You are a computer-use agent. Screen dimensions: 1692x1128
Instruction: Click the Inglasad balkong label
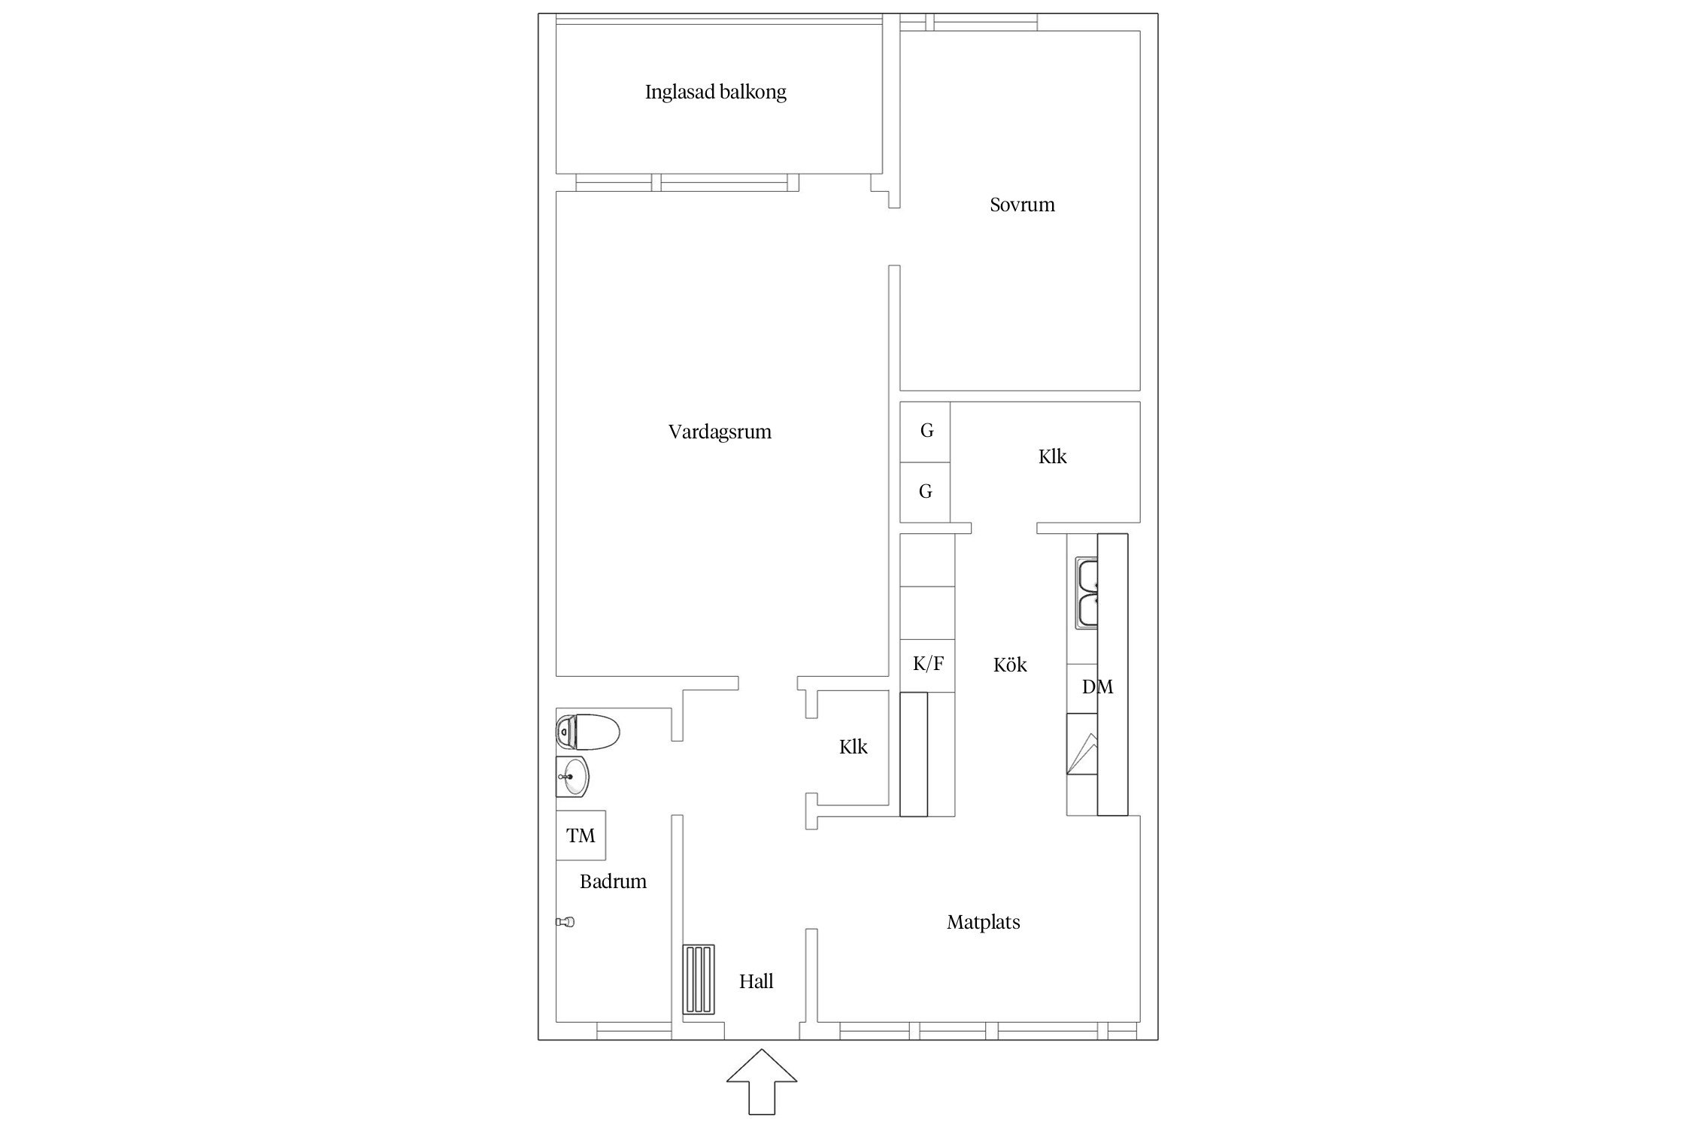tap(715, 92)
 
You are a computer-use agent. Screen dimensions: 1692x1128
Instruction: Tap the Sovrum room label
tap(1022, 205)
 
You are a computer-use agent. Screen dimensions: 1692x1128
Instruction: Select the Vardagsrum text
tap(720, 432)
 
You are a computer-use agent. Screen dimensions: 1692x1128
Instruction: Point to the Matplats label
tap(983, 922)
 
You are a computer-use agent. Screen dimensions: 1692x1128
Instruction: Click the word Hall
tap(756, 981)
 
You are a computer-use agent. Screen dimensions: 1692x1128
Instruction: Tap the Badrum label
tap(613, 881)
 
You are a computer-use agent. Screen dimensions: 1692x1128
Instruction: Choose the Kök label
tap(1010, 665)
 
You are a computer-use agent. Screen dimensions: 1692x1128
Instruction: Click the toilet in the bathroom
tap(587, 732)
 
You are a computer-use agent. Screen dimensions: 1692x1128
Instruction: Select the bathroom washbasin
tap(572, 777)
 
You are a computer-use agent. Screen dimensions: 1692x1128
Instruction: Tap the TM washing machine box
tap(581, 835)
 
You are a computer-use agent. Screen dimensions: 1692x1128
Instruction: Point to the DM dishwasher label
tap(1097, 687)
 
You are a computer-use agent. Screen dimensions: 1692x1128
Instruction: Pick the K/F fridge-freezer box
tap(928, 664)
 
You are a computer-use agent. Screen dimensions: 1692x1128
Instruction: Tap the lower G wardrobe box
tap(925, 492)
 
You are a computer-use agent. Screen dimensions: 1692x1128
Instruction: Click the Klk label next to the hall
tap(853, 747)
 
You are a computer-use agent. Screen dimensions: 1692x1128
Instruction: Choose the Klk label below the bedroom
tap(1052, 456)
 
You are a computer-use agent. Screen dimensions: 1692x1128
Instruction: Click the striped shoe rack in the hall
tap(699, 980)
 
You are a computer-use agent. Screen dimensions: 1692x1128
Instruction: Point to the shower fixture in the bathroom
tap(566, 922)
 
